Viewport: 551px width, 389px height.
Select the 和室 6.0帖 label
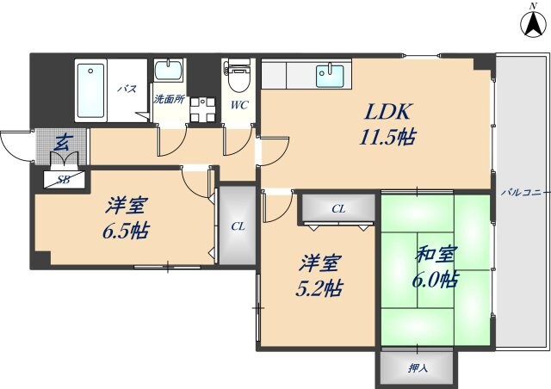(x=436, y=268)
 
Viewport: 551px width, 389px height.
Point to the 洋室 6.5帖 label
(x=126, y=219)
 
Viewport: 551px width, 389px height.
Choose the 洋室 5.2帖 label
(x=319, y=275)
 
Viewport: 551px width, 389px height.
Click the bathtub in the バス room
(x=92, y=90)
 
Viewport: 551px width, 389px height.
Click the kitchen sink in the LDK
(x=329, y=77)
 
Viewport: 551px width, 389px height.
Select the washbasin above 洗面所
(x=168, y=71)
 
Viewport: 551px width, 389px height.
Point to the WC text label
(x=238, y=106)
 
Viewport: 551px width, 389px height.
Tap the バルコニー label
(x=524, y=193)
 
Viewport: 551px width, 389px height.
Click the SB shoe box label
(x=64, y=180)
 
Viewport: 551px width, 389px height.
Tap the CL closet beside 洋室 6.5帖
(x=237, y=226)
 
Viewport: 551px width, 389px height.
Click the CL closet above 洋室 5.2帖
(x=338, y=208)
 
